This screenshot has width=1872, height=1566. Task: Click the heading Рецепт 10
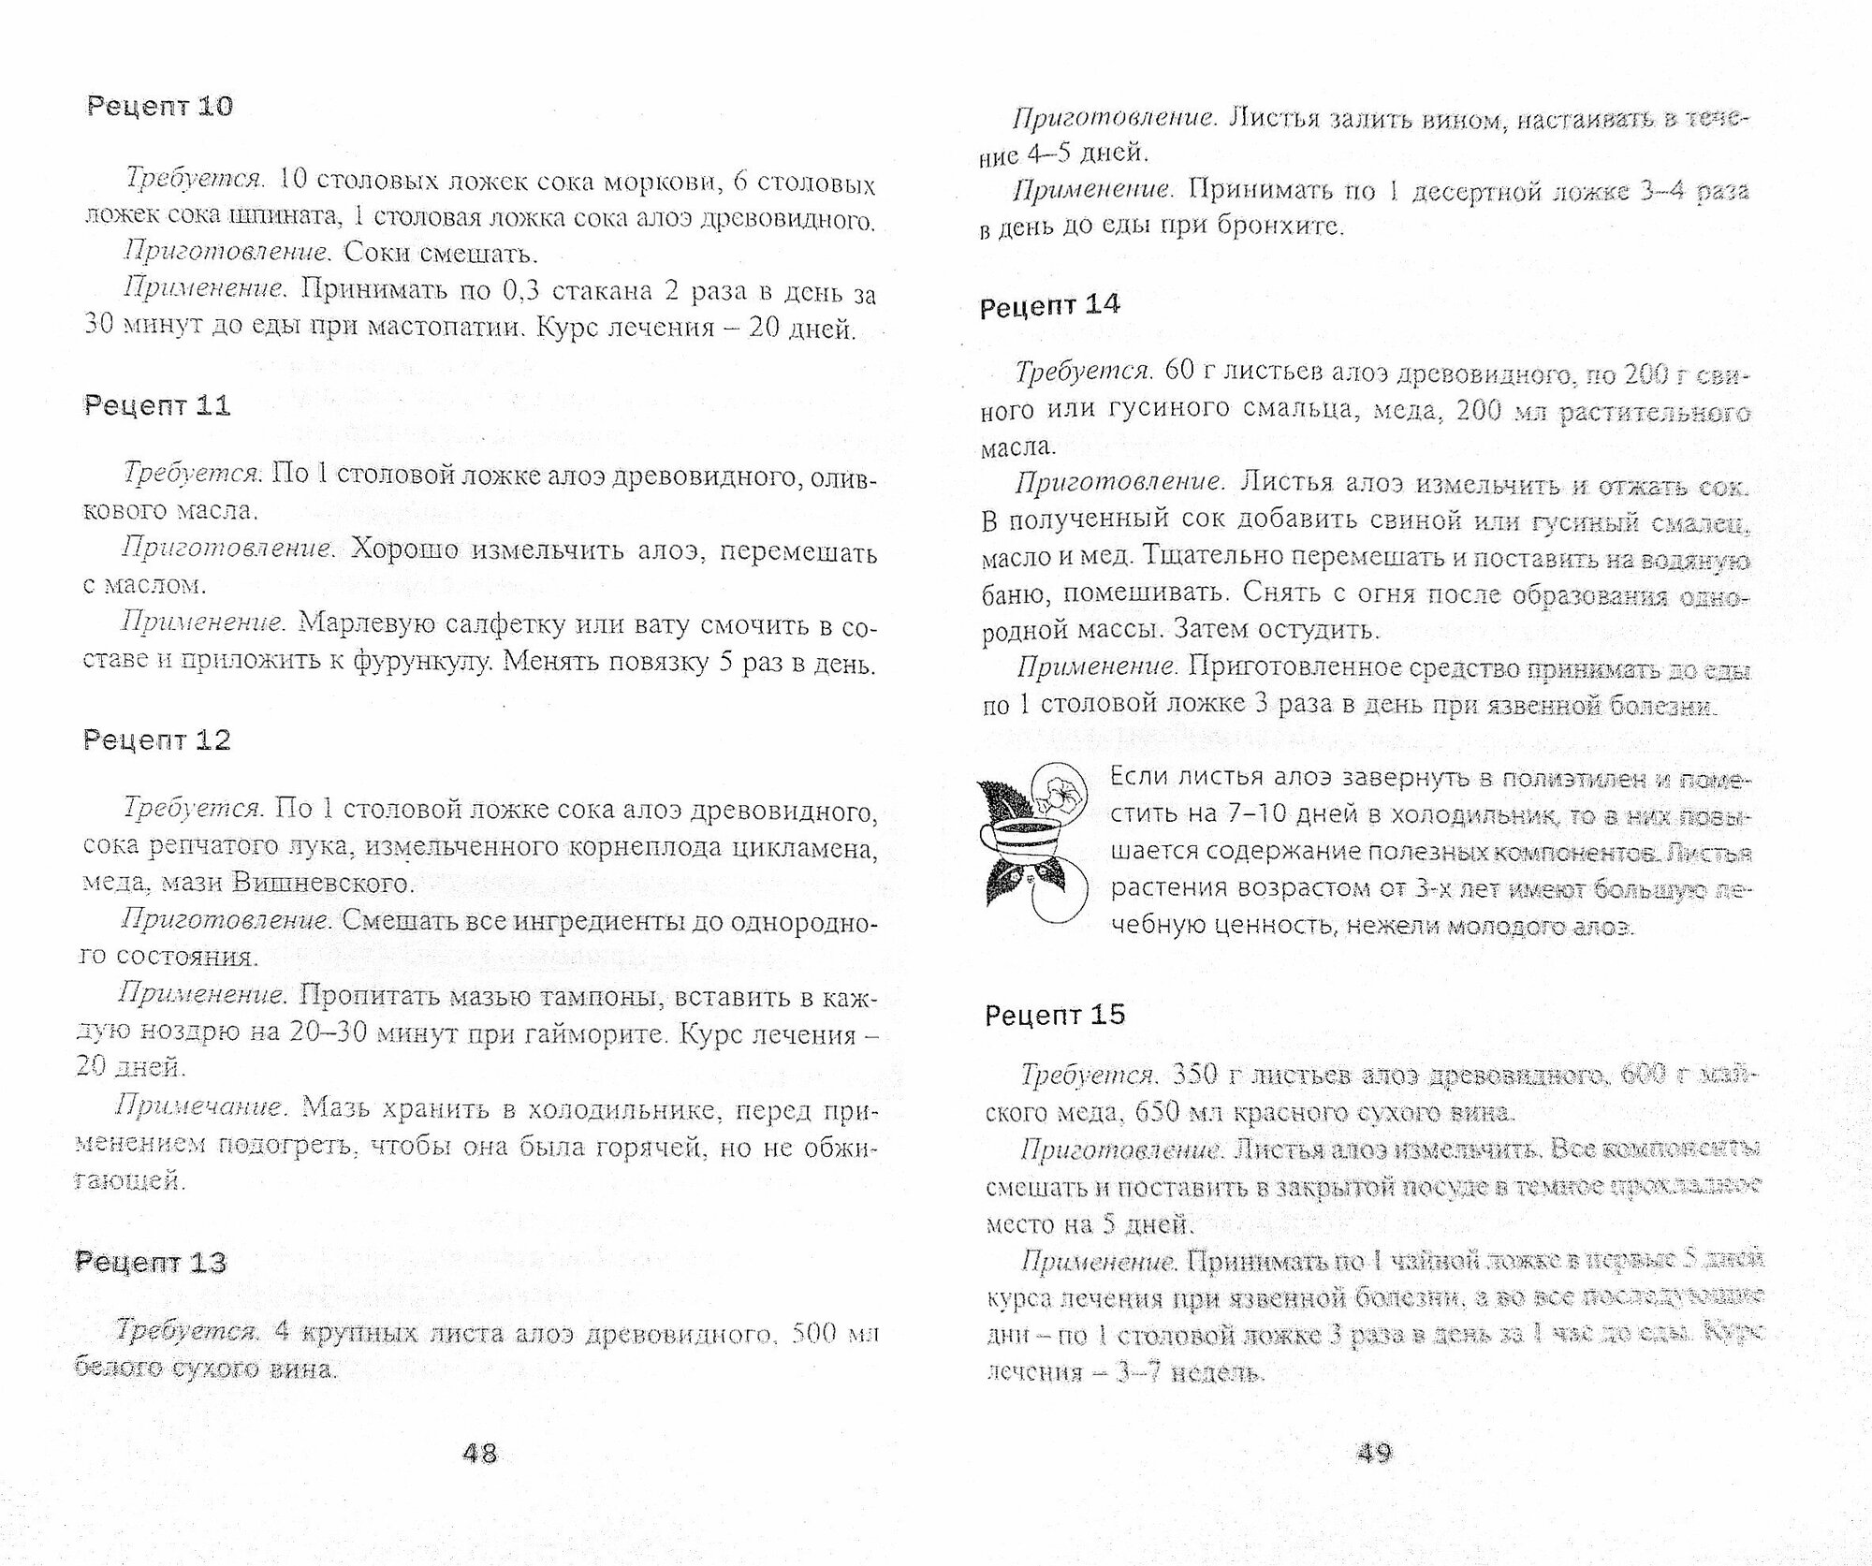click(x=159, y=107)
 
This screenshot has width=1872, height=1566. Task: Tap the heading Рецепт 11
click(x=157, y=405)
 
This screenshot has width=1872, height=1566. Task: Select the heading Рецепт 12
click(x=157, y=739)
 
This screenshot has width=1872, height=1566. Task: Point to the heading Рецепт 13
click(x=151, y=1262)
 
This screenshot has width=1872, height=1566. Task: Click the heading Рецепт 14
click(x=1049, y=306)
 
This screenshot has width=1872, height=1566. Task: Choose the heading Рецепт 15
click(x=1055, y=1015)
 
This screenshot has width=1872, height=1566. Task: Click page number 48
click(x=479, y=1453)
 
